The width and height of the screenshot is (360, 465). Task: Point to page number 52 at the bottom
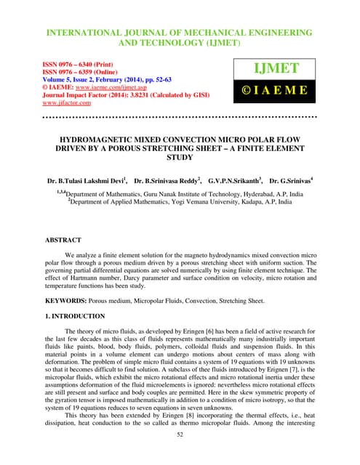[180, 434]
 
